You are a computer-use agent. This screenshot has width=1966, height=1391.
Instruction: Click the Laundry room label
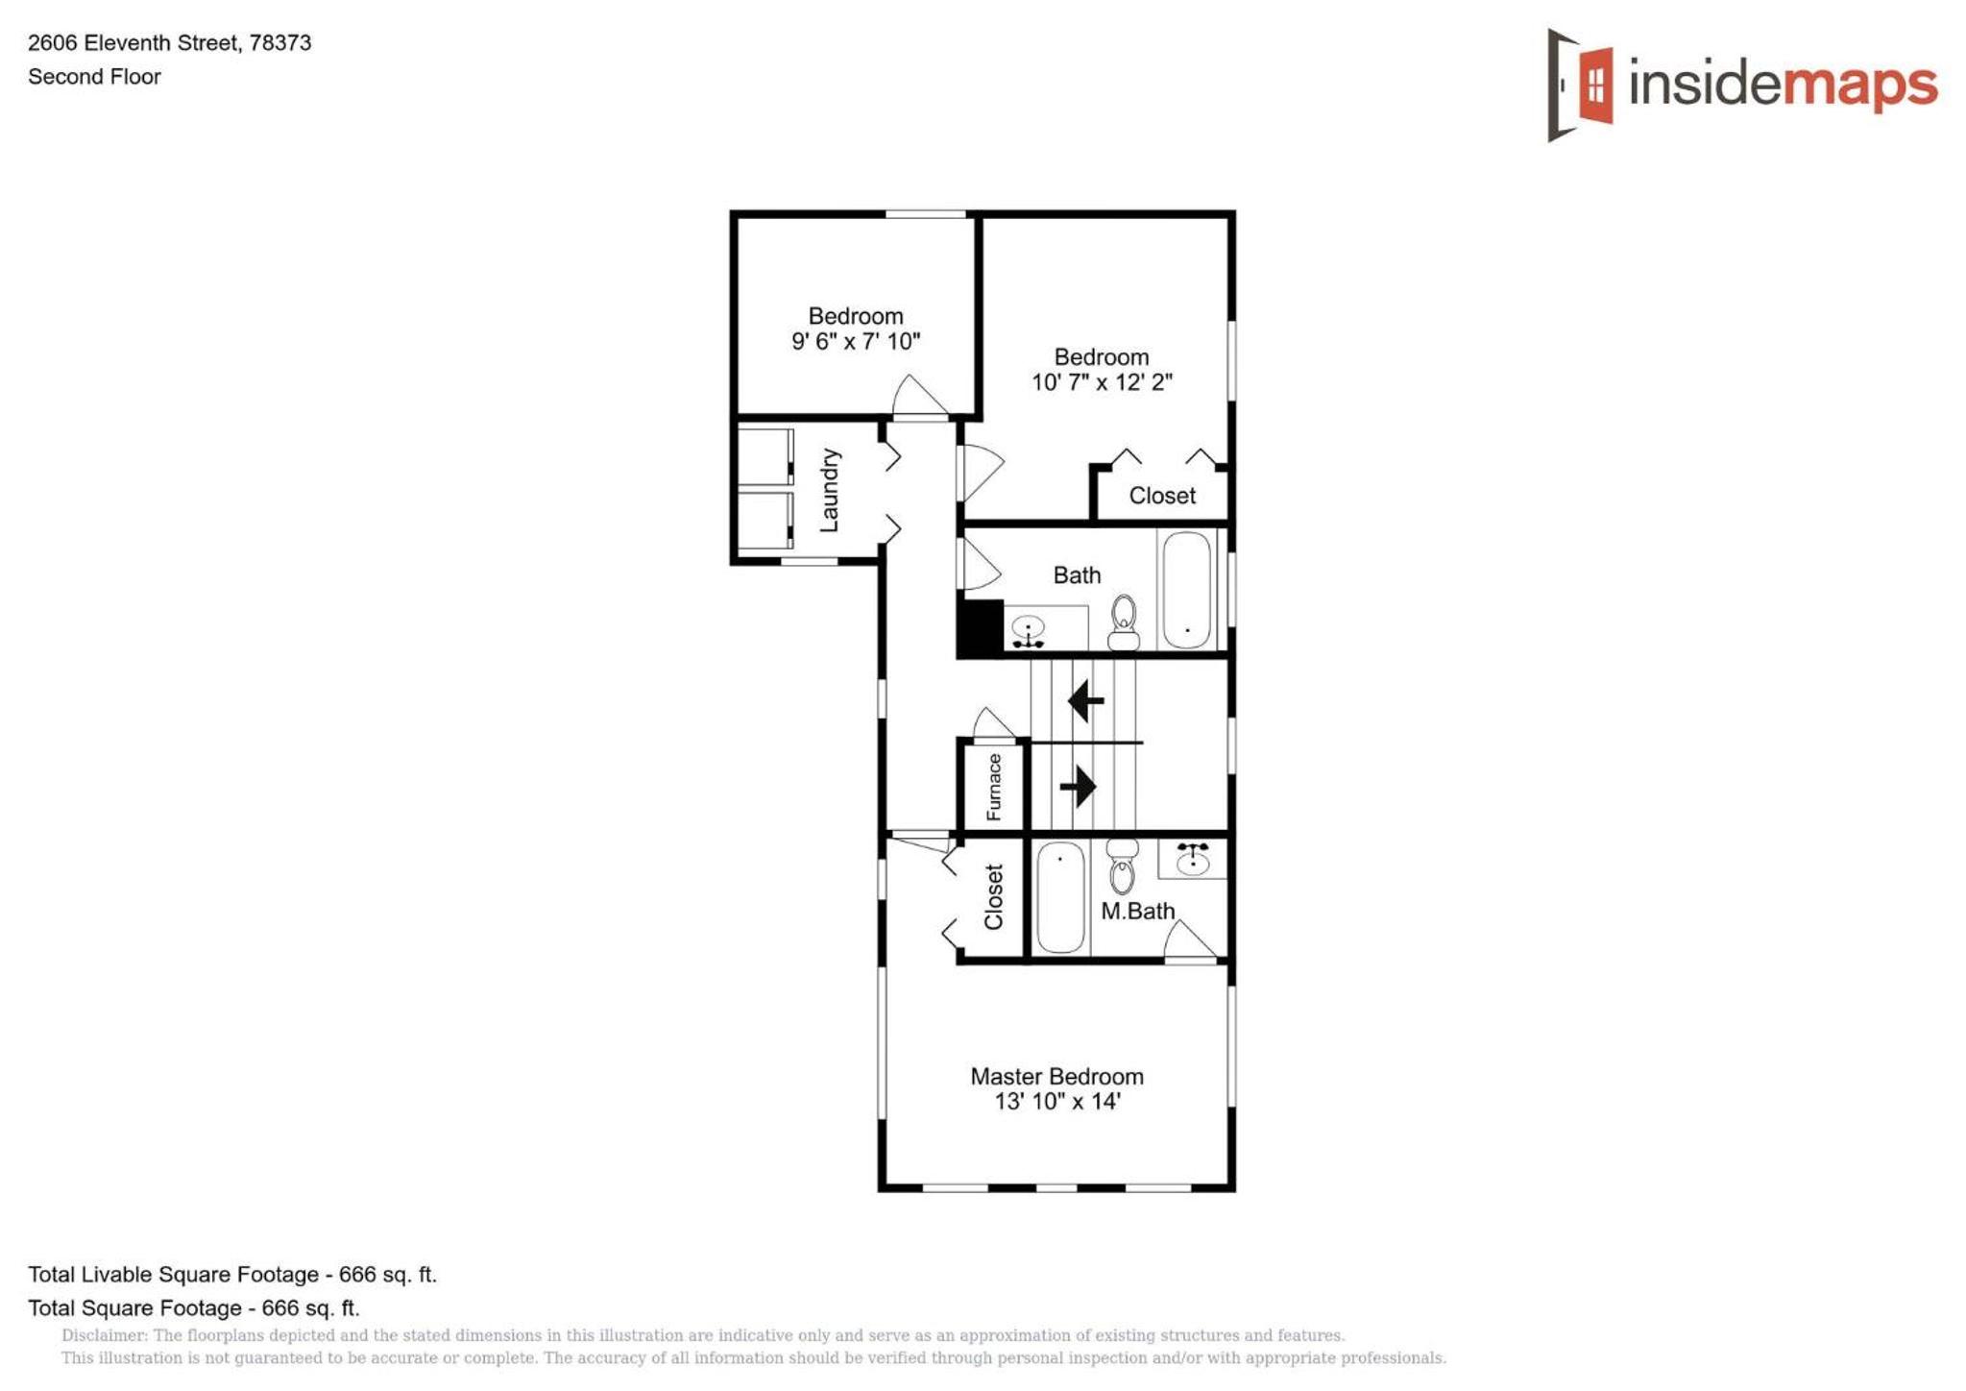[x=829, y=490]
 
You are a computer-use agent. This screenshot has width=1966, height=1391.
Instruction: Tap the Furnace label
[x=994, y=787]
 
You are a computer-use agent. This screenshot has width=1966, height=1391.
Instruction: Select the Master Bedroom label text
[x=1056, y=1076]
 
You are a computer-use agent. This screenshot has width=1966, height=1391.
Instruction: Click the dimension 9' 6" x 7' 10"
[x=856, y=341]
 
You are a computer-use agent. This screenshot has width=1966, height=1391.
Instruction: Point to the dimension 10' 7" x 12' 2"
[x=1102, y=382]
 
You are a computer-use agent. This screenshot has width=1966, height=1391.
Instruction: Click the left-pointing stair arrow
[x=1086, y=700]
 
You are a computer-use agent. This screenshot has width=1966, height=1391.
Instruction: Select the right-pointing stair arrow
[x=1078, y=786]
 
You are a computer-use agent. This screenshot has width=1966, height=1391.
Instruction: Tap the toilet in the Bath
[x=1124, y=623]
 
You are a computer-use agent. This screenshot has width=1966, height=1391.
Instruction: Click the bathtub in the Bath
[x=1186, y=590]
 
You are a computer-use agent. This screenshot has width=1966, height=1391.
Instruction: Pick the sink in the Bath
[x=1029, y=630]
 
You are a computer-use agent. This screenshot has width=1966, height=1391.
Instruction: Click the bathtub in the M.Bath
[x=1060, y=897]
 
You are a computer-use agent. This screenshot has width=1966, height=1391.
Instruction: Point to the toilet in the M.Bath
[x=1122, y=866]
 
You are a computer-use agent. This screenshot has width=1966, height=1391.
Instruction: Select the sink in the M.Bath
[x=1193, y=858]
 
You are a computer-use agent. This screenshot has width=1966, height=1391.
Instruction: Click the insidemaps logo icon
[x=1580, y=85]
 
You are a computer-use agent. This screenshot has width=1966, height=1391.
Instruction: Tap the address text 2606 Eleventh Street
[x=133, y=43]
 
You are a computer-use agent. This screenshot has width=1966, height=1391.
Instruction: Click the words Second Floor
[x=94, y=77]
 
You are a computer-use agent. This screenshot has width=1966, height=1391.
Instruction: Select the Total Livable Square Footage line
[x=232, y=1275]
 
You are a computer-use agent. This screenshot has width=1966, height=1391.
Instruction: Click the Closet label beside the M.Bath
[x=994, y=897]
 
